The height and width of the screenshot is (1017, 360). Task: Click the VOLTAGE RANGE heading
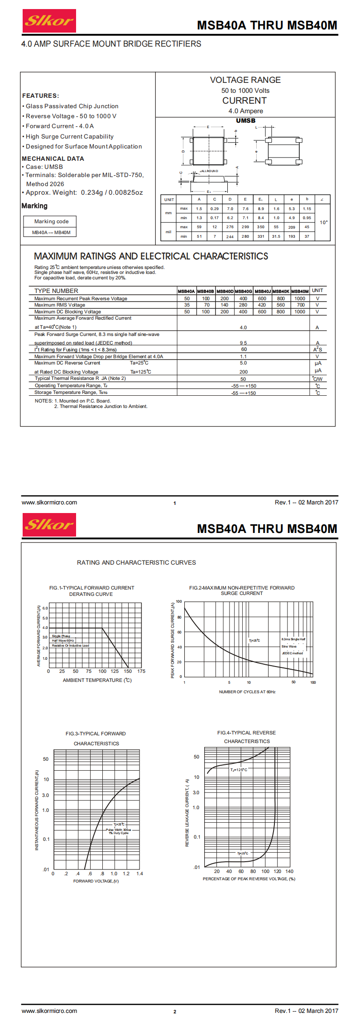(245, 80)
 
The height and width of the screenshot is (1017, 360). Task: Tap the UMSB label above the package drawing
(245, 120)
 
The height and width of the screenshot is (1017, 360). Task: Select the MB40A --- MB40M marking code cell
(51, 232)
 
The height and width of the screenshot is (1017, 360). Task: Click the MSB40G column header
(243, 291)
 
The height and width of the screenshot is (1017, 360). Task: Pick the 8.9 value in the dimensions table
(261, 209)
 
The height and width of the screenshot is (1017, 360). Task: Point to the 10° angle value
(323, 222)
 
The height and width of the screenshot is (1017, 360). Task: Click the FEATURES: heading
(40, 96)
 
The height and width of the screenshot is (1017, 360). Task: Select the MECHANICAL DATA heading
(53, 158)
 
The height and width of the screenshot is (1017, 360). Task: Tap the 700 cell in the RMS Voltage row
(300, 305)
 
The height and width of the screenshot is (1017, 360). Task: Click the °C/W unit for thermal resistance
(317, 379)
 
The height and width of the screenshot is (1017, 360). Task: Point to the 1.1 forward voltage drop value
(243, 356)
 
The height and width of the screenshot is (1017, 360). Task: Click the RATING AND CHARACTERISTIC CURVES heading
(136, 562)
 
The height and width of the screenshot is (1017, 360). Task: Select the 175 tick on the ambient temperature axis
(141, 671)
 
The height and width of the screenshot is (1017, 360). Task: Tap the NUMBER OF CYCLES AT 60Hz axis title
(247, 692)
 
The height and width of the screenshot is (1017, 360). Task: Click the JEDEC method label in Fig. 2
(292, 653)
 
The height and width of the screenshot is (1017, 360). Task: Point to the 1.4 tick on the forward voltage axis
(139, 873)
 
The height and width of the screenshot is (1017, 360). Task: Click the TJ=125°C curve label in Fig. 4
(239, 770)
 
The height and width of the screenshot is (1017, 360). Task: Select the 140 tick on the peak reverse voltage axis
(289, 871)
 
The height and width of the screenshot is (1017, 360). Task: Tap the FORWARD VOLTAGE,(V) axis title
(96, 881)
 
